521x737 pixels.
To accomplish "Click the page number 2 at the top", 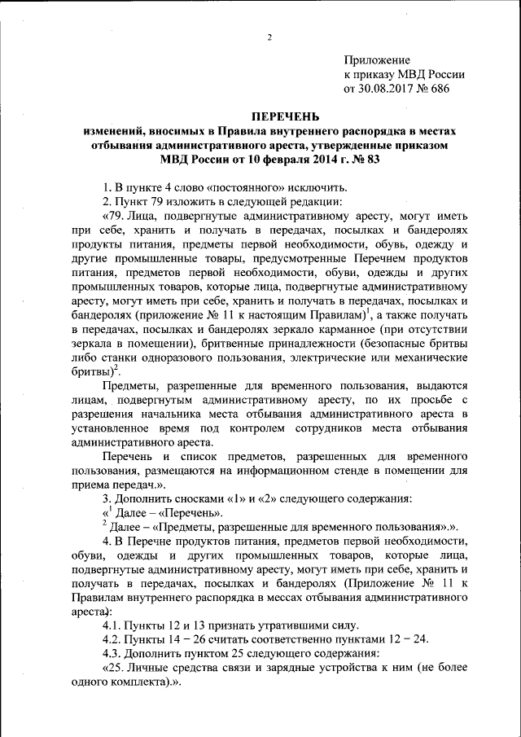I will [267, 37].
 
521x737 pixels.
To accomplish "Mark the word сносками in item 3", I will [188, 499].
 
